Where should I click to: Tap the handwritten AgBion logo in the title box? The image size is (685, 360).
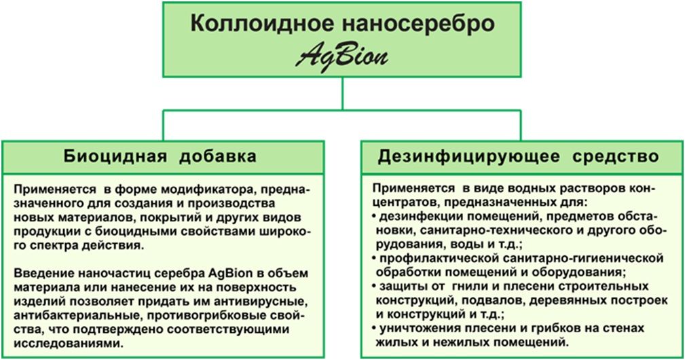tap(341, 57)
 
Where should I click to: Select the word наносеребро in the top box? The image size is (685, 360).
tap(418, 24)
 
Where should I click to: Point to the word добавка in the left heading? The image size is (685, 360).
tap(217, 156)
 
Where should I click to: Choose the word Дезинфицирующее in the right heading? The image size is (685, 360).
tap(468, 156)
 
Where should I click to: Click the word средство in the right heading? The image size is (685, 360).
tap(616, 156)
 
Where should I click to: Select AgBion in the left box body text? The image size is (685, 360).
tap(231, 274)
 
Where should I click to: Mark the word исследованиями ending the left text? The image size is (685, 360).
tap(69, 343)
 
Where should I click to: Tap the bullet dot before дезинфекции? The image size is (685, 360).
tap(374, 217)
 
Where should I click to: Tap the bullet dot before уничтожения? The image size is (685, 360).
tap(374, 328)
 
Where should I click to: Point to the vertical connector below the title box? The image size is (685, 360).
tap(342, 94)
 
